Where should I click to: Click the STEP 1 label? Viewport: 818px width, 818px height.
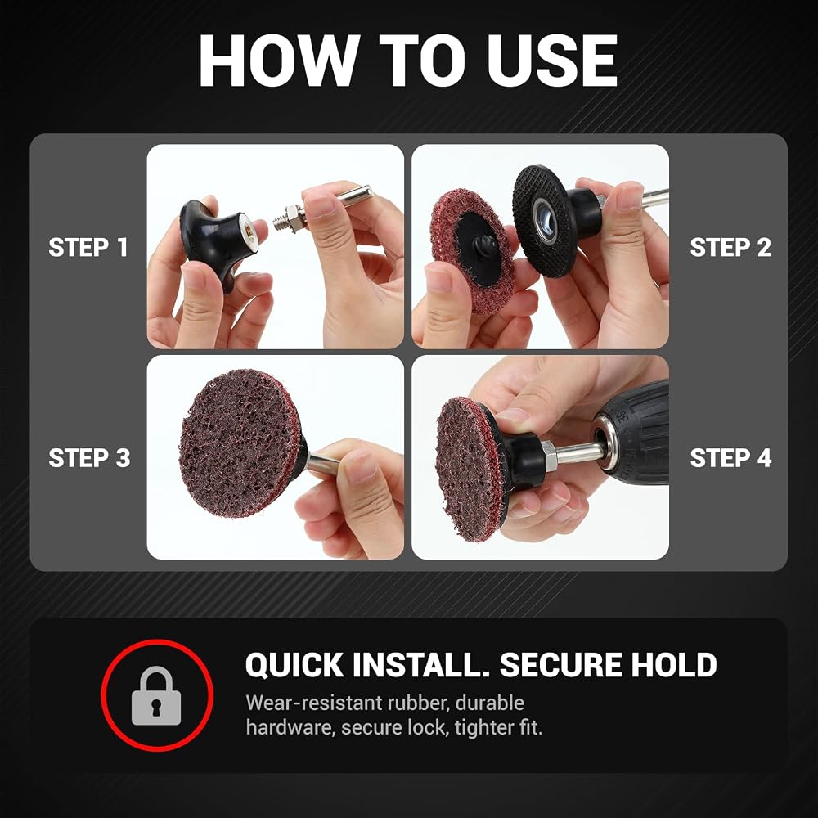coord(88,247)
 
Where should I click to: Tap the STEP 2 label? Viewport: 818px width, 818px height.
coord(730,247)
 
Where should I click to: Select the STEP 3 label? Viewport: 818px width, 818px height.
coord(89,458)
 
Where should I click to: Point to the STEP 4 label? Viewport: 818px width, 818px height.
coord(730,458)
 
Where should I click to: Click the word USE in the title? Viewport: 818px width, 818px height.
coord(552,61)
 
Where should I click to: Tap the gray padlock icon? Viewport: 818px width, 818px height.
coord(156,695)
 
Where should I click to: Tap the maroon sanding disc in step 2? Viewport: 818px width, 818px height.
coord(472,251)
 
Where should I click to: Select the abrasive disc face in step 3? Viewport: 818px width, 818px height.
coord(240,443)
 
